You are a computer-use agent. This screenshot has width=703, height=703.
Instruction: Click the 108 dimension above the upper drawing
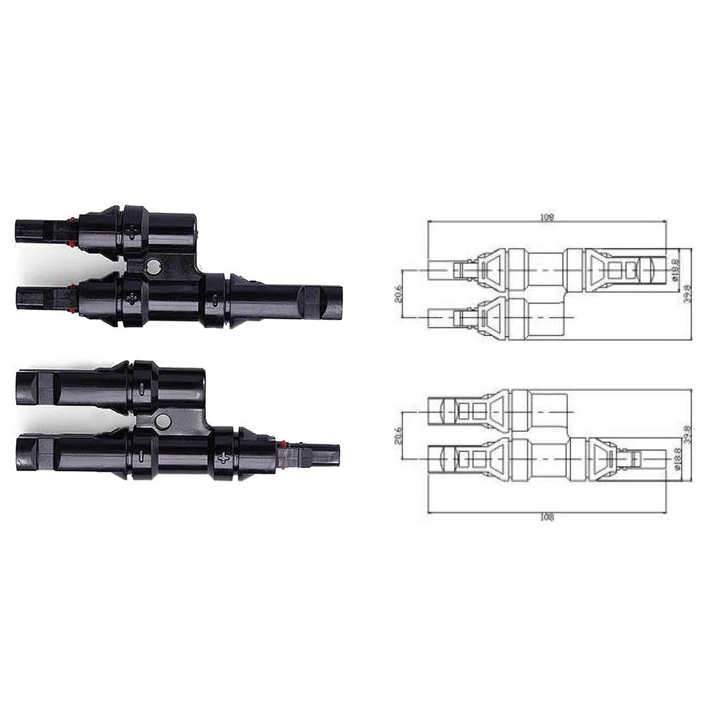click(x=548, y=217)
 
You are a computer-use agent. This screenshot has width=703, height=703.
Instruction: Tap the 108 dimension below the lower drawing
click(x=548, y=517)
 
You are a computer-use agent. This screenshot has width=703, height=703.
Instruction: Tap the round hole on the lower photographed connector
click(x=163, y=422)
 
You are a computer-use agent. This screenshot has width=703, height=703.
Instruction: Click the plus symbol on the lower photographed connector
click(x=224, y=458)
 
